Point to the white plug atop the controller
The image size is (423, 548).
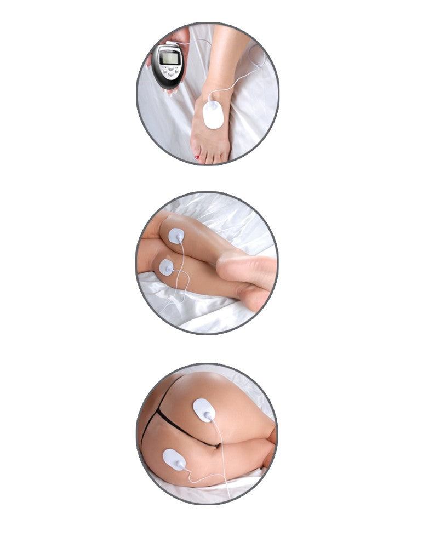tap(172, 43)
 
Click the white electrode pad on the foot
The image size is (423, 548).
tap(213, 114)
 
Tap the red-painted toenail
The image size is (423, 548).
tap(197, 158)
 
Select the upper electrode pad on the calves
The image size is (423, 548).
tap(176, 236)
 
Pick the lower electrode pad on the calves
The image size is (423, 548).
tap(166, 267)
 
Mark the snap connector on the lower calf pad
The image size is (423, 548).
tap(168, 270)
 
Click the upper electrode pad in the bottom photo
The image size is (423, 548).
tap(204, 410)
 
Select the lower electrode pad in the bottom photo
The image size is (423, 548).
tap(175, 459)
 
